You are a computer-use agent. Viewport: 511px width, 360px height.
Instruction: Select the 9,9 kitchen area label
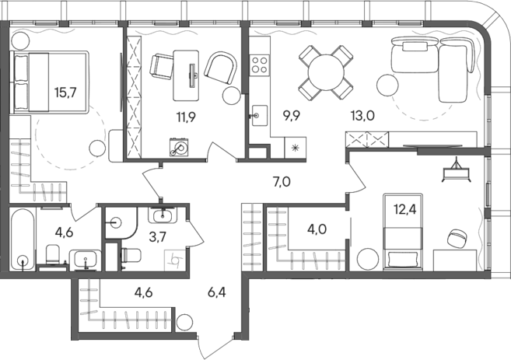click(x=292, y=117)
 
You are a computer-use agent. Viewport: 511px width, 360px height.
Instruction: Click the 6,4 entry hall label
click(x=219, y=294)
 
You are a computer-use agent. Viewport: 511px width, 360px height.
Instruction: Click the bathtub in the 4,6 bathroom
click(x=23, y=239)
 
